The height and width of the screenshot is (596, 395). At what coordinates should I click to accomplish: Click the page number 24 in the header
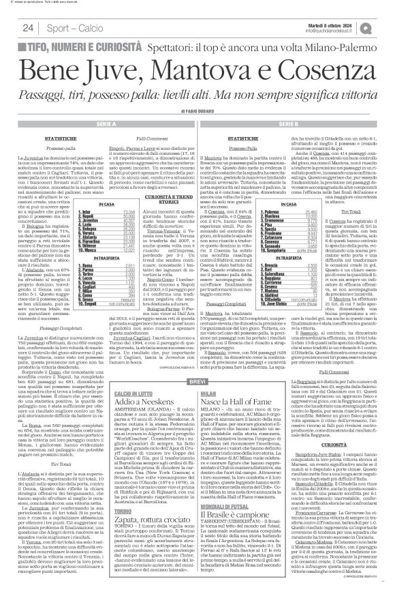(x=28, y=27)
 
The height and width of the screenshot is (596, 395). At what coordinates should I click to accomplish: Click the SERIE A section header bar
(x=98, y=123)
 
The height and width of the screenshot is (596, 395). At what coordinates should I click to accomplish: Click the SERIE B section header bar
(x=294, y=123)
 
